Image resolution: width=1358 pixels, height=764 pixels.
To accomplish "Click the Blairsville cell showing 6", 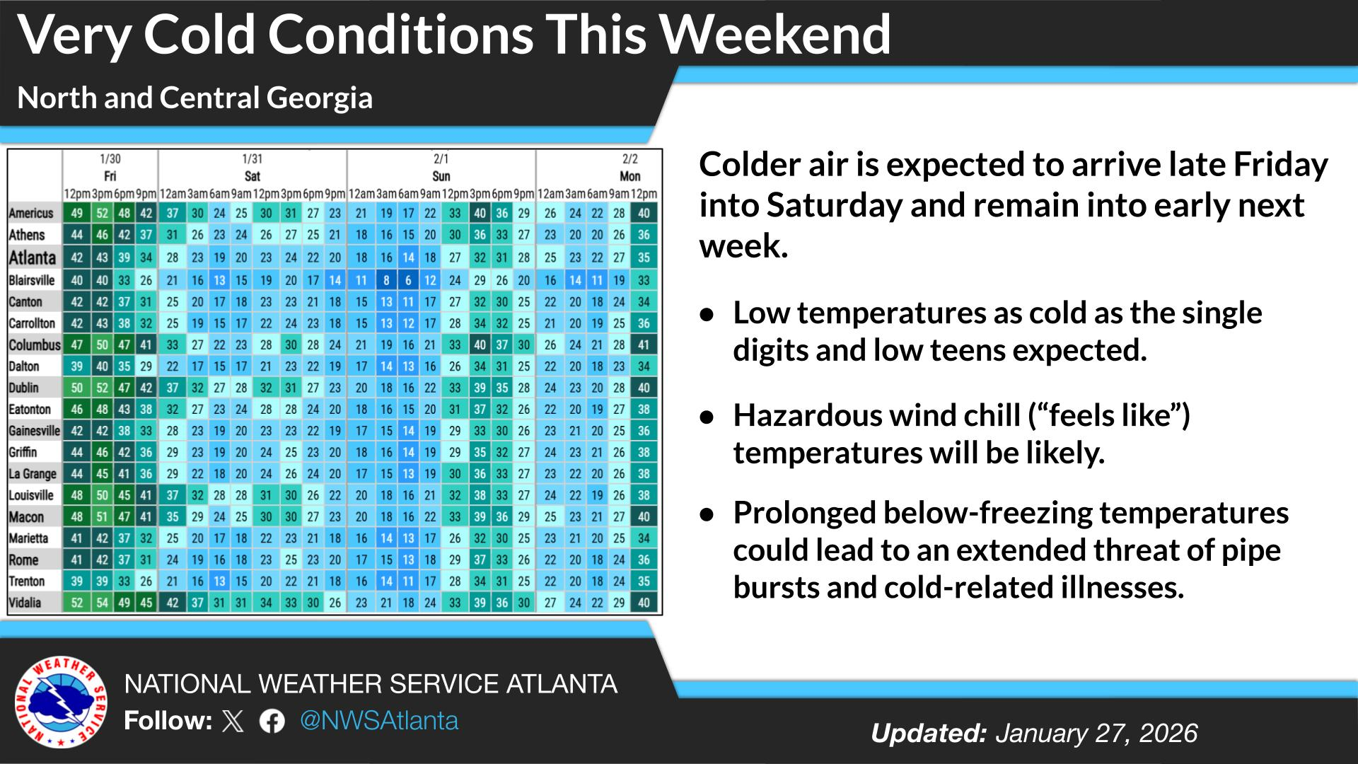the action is [408, 280].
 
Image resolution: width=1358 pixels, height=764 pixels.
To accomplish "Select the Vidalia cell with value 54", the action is [102, 603].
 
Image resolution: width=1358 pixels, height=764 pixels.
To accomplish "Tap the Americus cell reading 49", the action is [76, 213].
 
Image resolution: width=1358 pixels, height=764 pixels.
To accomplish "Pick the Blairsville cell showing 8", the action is [386, 280].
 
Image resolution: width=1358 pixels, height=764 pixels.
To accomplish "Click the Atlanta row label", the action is [33, 257].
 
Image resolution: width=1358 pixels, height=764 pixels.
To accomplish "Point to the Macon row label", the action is [26, 517].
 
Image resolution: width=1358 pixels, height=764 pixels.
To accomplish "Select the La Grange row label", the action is [33, 474].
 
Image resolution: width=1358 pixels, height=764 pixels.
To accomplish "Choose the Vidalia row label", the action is [25, 603].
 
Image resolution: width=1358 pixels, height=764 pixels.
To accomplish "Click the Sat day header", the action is [252, 176].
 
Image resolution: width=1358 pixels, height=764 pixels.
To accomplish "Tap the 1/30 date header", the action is [110, 159].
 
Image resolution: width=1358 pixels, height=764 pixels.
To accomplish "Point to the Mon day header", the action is [629, 176].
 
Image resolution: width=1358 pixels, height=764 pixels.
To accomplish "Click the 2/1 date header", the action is [441, 159].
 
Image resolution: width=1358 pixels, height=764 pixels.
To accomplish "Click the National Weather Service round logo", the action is [62, 702].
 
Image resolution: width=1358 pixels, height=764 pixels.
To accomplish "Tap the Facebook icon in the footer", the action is [272, 722].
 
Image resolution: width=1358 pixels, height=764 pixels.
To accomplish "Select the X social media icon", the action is [233, 722].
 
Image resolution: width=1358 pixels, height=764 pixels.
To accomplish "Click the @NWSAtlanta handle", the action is [379, 721].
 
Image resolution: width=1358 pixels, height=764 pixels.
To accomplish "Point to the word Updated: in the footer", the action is [928, 734].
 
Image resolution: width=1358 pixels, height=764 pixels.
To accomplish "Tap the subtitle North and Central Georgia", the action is [195, 98].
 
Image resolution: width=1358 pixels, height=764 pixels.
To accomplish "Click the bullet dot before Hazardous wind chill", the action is [706, 417].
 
